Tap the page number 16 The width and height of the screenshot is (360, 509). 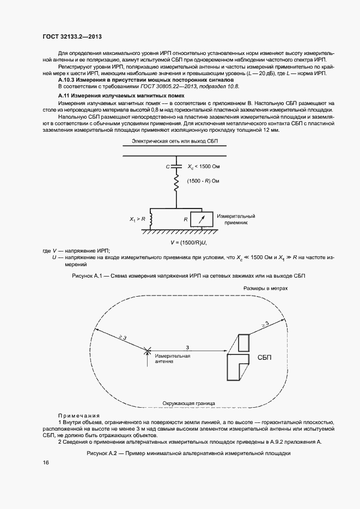point(46,462)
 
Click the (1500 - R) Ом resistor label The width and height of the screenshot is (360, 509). point(203,181)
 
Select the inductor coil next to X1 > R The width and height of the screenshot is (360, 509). point(150,219)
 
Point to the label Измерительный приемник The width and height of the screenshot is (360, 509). point(235,219)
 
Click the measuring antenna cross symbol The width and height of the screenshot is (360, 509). point(145,351)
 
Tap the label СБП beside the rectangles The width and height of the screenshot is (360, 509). point(264,357)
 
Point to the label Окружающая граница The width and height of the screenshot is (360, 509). point(188,403)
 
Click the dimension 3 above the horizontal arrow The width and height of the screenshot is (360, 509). point(187,347)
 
